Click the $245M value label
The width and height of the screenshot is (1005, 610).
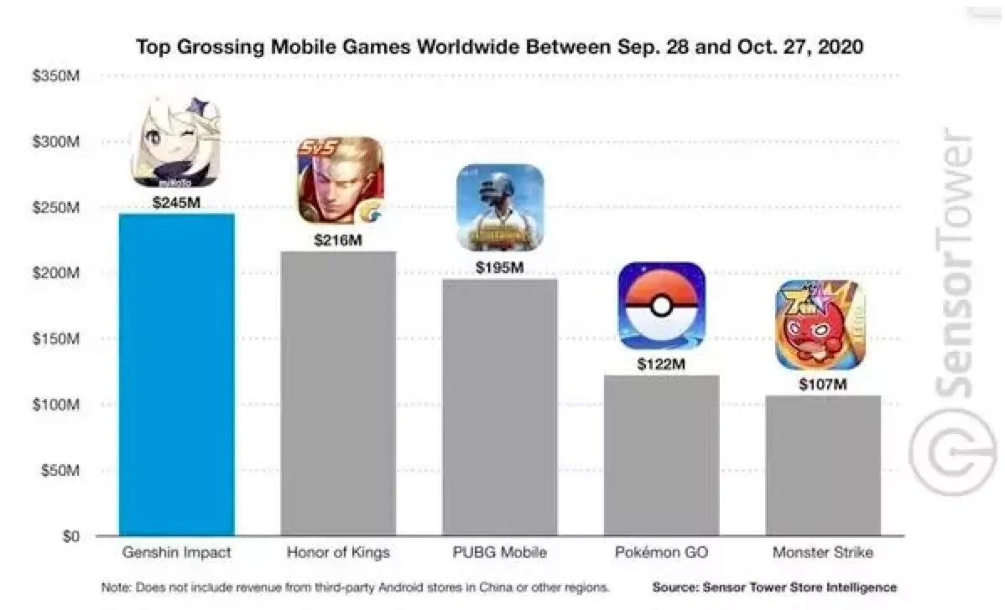[x=176, y=202]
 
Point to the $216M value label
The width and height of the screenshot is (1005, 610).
[x=338, y=240]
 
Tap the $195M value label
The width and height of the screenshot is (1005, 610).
[x=500, y=267]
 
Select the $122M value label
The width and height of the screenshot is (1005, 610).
[x=662, y=364]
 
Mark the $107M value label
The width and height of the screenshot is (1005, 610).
[x=823, y=384]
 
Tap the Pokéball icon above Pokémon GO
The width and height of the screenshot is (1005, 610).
[x=662, y=305]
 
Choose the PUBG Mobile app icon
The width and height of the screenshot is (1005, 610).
[x=500, y=207]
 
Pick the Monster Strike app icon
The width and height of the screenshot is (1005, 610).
[x=820, y=326]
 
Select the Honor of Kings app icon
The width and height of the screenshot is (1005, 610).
[x=339, y=180]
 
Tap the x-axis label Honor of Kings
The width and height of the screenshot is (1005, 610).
[x=338, y=553]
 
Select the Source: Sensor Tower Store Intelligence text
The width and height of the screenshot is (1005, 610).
[x=773, y=587]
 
